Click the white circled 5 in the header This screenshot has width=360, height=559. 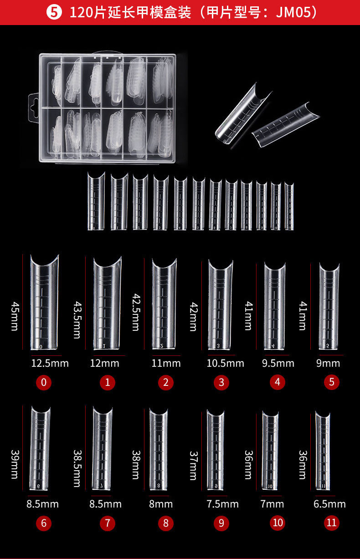tap(54, 12)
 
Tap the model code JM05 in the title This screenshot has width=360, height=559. tap(293, 12)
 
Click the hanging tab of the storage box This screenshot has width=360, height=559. tap(34, 108)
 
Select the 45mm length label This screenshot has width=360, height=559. tap(15, 317)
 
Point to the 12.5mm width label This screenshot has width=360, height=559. tap(50, 364)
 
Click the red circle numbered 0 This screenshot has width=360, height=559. tap(44, 382)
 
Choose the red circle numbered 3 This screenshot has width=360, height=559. tap(221, 382)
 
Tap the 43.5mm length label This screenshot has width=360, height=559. tap(77, 320)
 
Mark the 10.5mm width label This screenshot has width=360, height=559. tap(226, 364)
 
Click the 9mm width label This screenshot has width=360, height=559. tap(328, 364)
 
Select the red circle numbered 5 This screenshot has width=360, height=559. tap(332, 382)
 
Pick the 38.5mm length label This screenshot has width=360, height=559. tap(77, 469)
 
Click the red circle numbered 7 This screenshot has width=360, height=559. tap(108, 523)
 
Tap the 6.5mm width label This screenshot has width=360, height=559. tap(330, 504)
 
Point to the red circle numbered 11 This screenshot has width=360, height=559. tap(332, 523)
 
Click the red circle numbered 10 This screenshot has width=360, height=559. tap(278, 523)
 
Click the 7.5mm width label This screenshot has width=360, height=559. tap(223, 504)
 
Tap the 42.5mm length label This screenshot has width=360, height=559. tap(136, 312)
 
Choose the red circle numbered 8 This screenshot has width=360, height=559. tap(166, 523)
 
